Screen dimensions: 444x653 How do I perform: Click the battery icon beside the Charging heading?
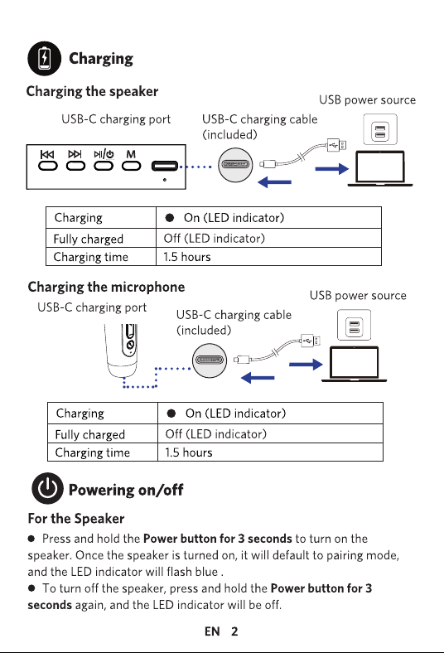pos(44,58)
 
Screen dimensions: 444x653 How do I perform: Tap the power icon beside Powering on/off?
pos(47,488)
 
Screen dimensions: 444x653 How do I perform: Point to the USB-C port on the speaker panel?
pos(165,166)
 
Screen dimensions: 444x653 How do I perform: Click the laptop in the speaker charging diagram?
pos(380,169)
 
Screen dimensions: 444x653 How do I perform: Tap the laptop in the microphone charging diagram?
pos(354,365)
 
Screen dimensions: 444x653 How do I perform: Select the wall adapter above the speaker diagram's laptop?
pos(380,129)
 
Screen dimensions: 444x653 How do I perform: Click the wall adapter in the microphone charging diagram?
pos(354,325)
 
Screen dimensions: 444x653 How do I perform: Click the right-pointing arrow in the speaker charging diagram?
pos(331,169)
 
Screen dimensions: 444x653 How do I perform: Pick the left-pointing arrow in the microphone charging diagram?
pos(258,378)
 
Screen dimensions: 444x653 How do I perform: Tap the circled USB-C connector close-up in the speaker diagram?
pos(235,165)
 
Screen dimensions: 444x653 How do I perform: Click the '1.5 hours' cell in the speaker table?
pos(187,257)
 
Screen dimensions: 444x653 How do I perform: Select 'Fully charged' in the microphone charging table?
pos(90,435)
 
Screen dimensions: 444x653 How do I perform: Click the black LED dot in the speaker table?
pos(169,218)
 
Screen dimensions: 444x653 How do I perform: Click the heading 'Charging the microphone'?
pos(106,288)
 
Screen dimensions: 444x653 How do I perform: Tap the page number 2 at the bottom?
pos(234,631)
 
